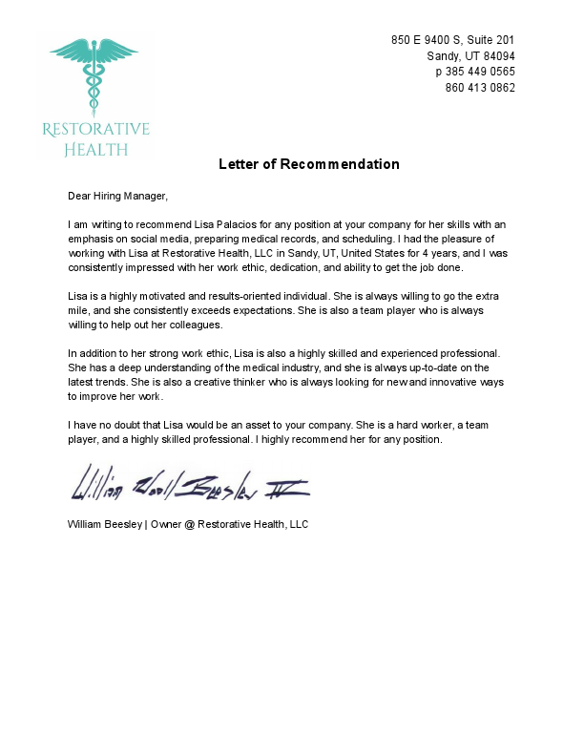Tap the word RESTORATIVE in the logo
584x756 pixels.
pyautogui.click(x=95, y=130)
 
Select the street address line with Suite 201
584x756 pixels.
pyautogui.click(x=453, y=40)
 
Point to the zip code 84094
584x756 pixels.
pyautogui.click(x=497, y=56)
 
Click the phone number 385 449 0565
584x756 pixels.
pyautogui.click(x=481, y=72)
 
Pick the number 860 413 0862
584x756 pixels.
pyautogui.click(x=481, y=88)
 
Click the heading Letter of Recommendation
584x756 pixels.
pyautogui.click(x=309, y=164)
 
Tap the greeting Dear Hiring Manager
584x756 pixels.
pyautogui.click(x=117, y=197)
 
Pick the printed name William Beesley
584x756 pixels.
pyautogui.click(x=104, y=524)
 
